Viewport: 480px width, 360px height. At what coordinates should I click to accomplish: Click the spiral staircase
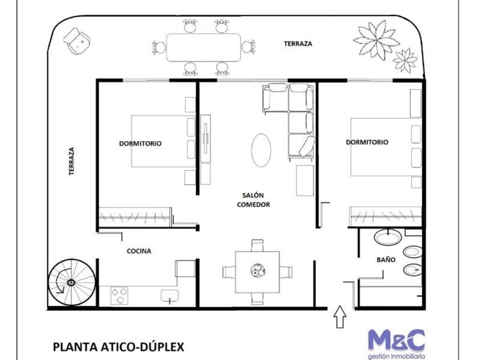(x=71, y=282)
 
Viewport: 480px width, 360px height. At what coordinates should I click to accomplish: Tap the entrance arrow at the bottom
(x=340, y=317)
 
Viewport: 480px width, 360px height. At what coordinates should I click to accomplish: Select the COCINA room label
(x=139, y=251)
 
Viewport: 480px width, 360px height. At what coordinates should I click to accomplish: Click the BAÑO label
(x=386, y=259)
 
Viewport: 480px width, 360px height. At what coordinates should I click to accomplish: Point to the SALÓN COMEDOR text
(x=254, y=200)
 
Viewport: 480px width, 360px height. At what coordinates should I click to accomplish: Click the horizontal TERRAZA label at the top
(x=298, y=43)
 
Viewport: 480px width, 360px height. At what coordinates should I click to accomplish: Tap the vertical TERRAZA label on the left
(x=71, y=161)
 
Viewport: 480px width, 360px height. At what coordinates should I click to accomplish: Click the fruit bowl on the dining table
(x=258, y=270)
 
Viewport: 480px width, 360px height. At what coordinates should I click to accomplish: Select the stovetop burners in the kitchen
(x=119, y=296)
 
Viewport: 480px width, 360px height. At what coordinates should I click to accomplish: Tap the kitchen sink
(x=170, y=297)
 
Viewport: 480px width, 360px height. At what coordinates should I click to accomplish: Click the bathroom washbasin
(x=388, y=237)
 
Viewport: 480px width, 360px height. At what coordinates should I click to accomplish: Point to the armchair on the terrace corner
(x=77, y=41)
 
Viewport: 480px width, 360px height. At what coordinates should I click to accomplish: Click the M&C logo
(x=397, y=344)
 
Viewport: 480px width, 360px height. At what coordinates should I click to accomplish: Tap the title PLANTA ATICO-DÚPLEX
(x=119, y=347)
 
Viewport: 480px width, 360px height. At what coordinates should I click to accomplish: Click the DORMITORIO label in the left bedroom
(x=140, y=143)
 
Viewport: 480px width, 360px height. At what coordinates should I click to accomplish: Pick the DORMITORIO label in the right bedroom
(x=367, y=142)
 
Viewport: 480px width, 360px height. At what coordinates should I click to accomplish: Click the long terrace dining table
(x=203, y=47)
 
